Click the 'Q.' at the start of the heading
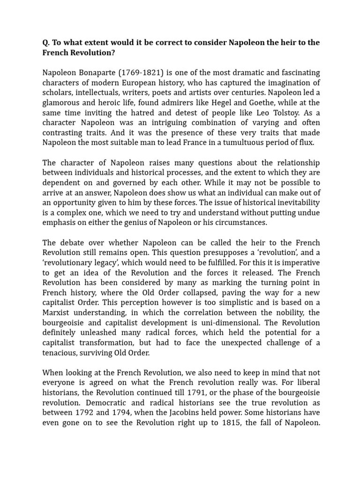(x=46, y=43)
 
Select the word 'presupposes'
(x=179, y=253)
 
